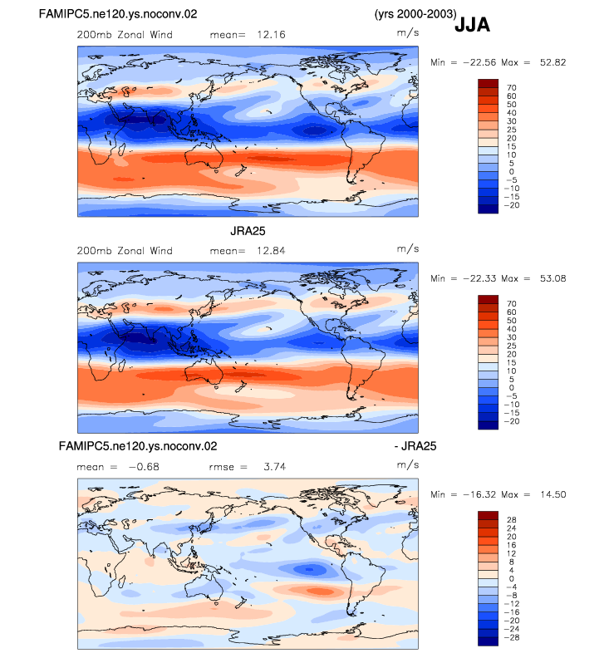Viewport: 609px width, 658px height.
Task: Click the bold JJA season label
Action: [x=472, y=25]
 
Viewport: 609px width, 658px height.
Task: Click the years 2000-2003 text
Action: [x=415, y=14]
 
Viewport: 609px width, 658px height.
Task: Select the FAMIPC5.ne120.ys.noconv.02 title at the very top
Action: [x=118, y=14]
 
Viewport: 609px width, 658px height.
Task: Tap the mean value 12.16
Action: [x=271, y=34]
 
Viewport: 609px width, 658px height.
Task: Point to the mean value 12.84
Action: [x=271, y=251]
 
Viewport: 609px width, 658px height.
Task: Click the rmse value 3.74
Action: [x=274, y=467]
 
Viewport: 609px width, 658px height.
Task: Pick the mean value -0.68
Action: [x=144, y=467]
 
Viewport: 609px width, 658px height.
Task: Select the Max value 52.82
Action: [x=553, y=62]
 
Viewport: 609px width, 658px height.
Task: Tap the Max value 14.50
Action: [x=553, y=494]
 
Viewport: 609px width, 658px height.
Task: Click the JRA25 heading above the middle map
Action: [x=248, y=231]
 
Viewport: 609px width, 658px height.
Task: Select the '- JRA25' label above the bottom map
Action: [x=415, y=445]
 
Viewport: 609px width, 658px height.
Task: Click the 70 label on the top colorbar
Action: [x=511, y=88]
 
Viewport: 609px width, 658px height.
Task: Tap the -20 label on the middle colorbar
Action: [x=512, y=421]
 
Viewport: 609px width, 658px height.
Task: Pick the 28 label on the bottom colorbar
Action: [x=511, y=520]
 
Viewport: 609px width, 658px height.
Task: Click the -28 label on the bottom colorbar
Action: [x=512, y=637]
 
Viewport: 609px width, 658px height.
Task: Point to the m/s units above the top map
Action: [x=408, y=32]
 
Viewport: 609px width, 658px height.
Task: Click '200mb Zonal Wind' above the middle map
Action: [x=125, y=251]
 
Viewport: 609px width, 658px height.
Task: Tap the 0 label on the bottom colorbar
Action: [x=511, y=579]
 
